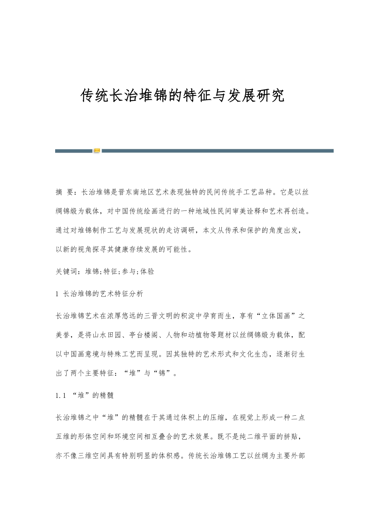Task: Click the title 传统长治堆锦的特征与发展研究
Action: tap(182, 96)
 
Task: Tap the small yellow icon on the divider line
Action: tap(97, 151)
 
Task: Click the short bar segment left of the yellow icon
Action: tap(74, 151)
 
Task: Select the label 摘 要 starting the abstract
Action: tap(64, 193)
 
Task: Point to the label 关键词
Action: tap(67, 272)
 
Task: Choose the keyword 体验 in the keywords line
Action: tap(148, 272)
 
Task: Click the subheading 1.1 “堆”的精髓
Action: tap(85, 395)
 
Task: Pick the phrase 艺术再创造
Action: tap(285, 211)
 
